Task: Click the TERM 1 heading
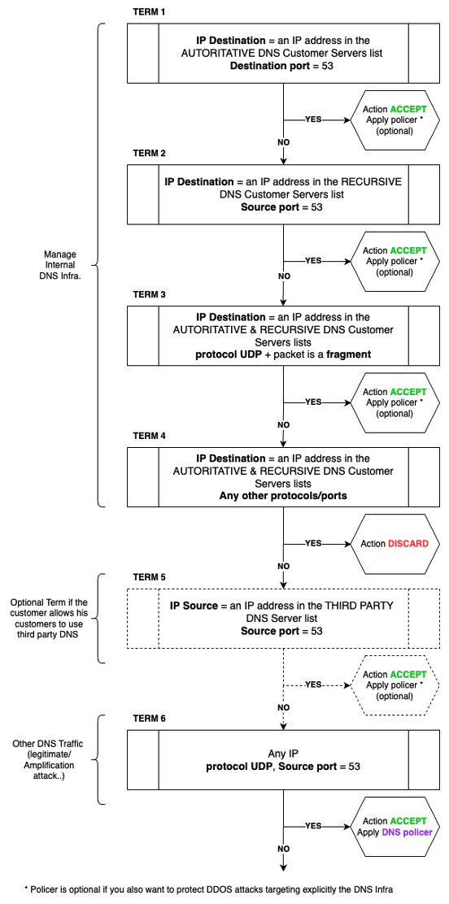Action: point(149,14)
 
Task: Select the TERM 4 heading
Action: point(149,436)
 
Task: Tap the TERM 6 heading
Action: point(149,719)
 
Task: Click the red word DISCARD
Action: point(408,543)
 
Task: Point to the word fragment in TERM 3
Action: point(348,354)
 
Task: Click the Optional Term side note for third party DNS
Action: point(48,618)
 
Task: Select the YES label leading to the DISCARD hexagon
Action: point(312,543)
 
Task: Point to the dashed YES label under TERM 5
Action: point(312,685)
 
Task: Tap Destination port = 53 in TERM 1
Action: point(283,65)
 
